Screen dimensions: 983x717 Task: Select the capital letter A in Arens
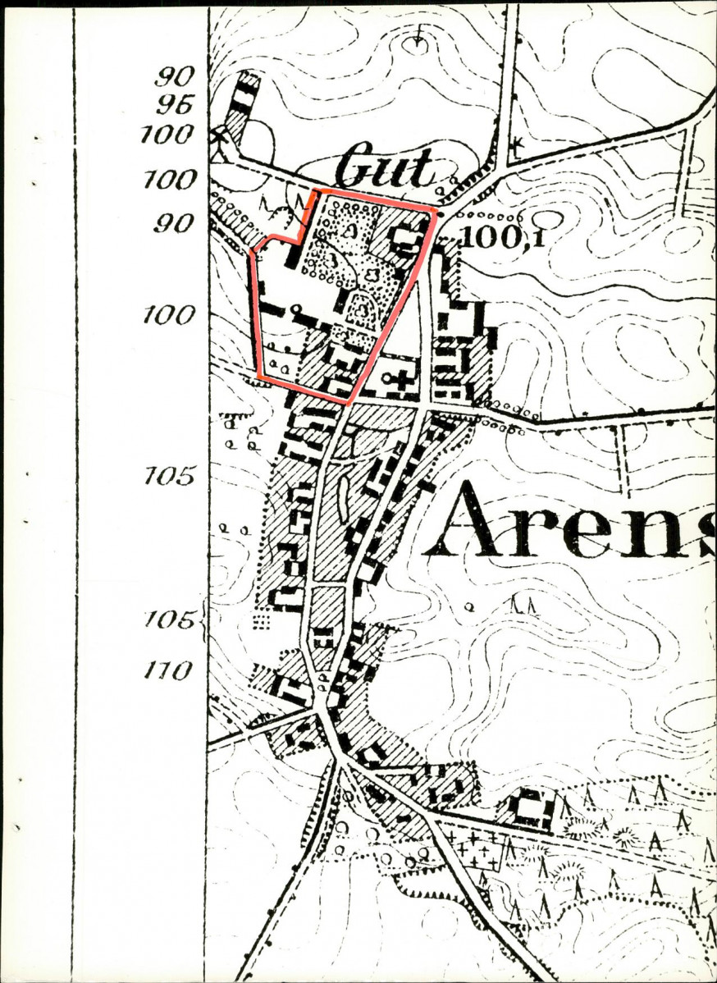(473, 520)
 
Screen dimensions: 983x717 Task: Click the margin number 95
(174, 105)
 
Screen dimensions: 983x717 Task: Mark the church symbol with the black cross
(401, 380)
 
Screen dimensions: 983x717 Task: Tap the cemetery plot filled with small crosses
(475, 850)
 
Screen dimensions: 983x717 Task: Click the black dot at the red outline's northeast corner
(437, 213)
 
